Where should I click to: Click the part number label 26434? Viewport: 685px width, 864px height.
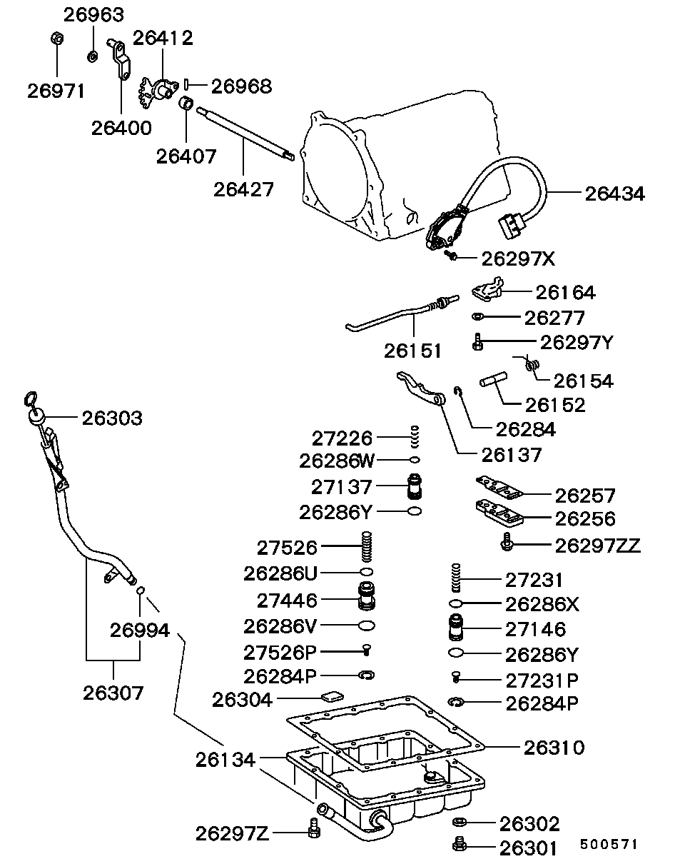click(x=614, y=193)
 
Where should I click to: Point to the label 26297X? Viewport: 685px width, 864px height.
click(x=518, y=258)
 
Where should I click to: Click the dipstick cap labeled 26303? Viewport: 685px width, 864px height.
click(x=37, y=416)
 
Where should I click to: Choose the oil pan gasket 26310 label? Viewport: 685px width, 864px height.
click(x=554, y=748)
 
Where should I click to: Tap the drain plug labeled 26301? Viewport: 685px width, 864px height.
click(x=460, y=847)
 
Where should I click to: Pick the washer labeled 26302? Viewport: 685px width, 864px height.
click(x=460, y=824)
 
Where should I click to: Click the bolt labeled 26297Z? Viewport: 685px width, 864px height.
click(x=311, y=830)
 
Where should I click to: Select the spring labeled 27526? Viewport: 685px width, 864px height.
click(x=367, y=548)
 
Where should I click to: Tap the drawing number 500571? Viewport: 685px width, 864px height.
click(x=608, y=844)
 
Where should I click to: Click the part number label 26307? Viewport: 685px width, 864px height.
click(x=113, y=692)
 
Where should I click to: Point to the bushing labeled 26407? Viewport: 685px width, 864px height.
click(x=186, y=104)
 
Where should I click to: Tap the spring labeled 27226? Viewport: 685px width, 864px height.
click(x=414, y=436)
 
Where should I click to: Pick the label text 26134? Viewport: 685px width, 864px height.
click(x=225, y=760)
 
